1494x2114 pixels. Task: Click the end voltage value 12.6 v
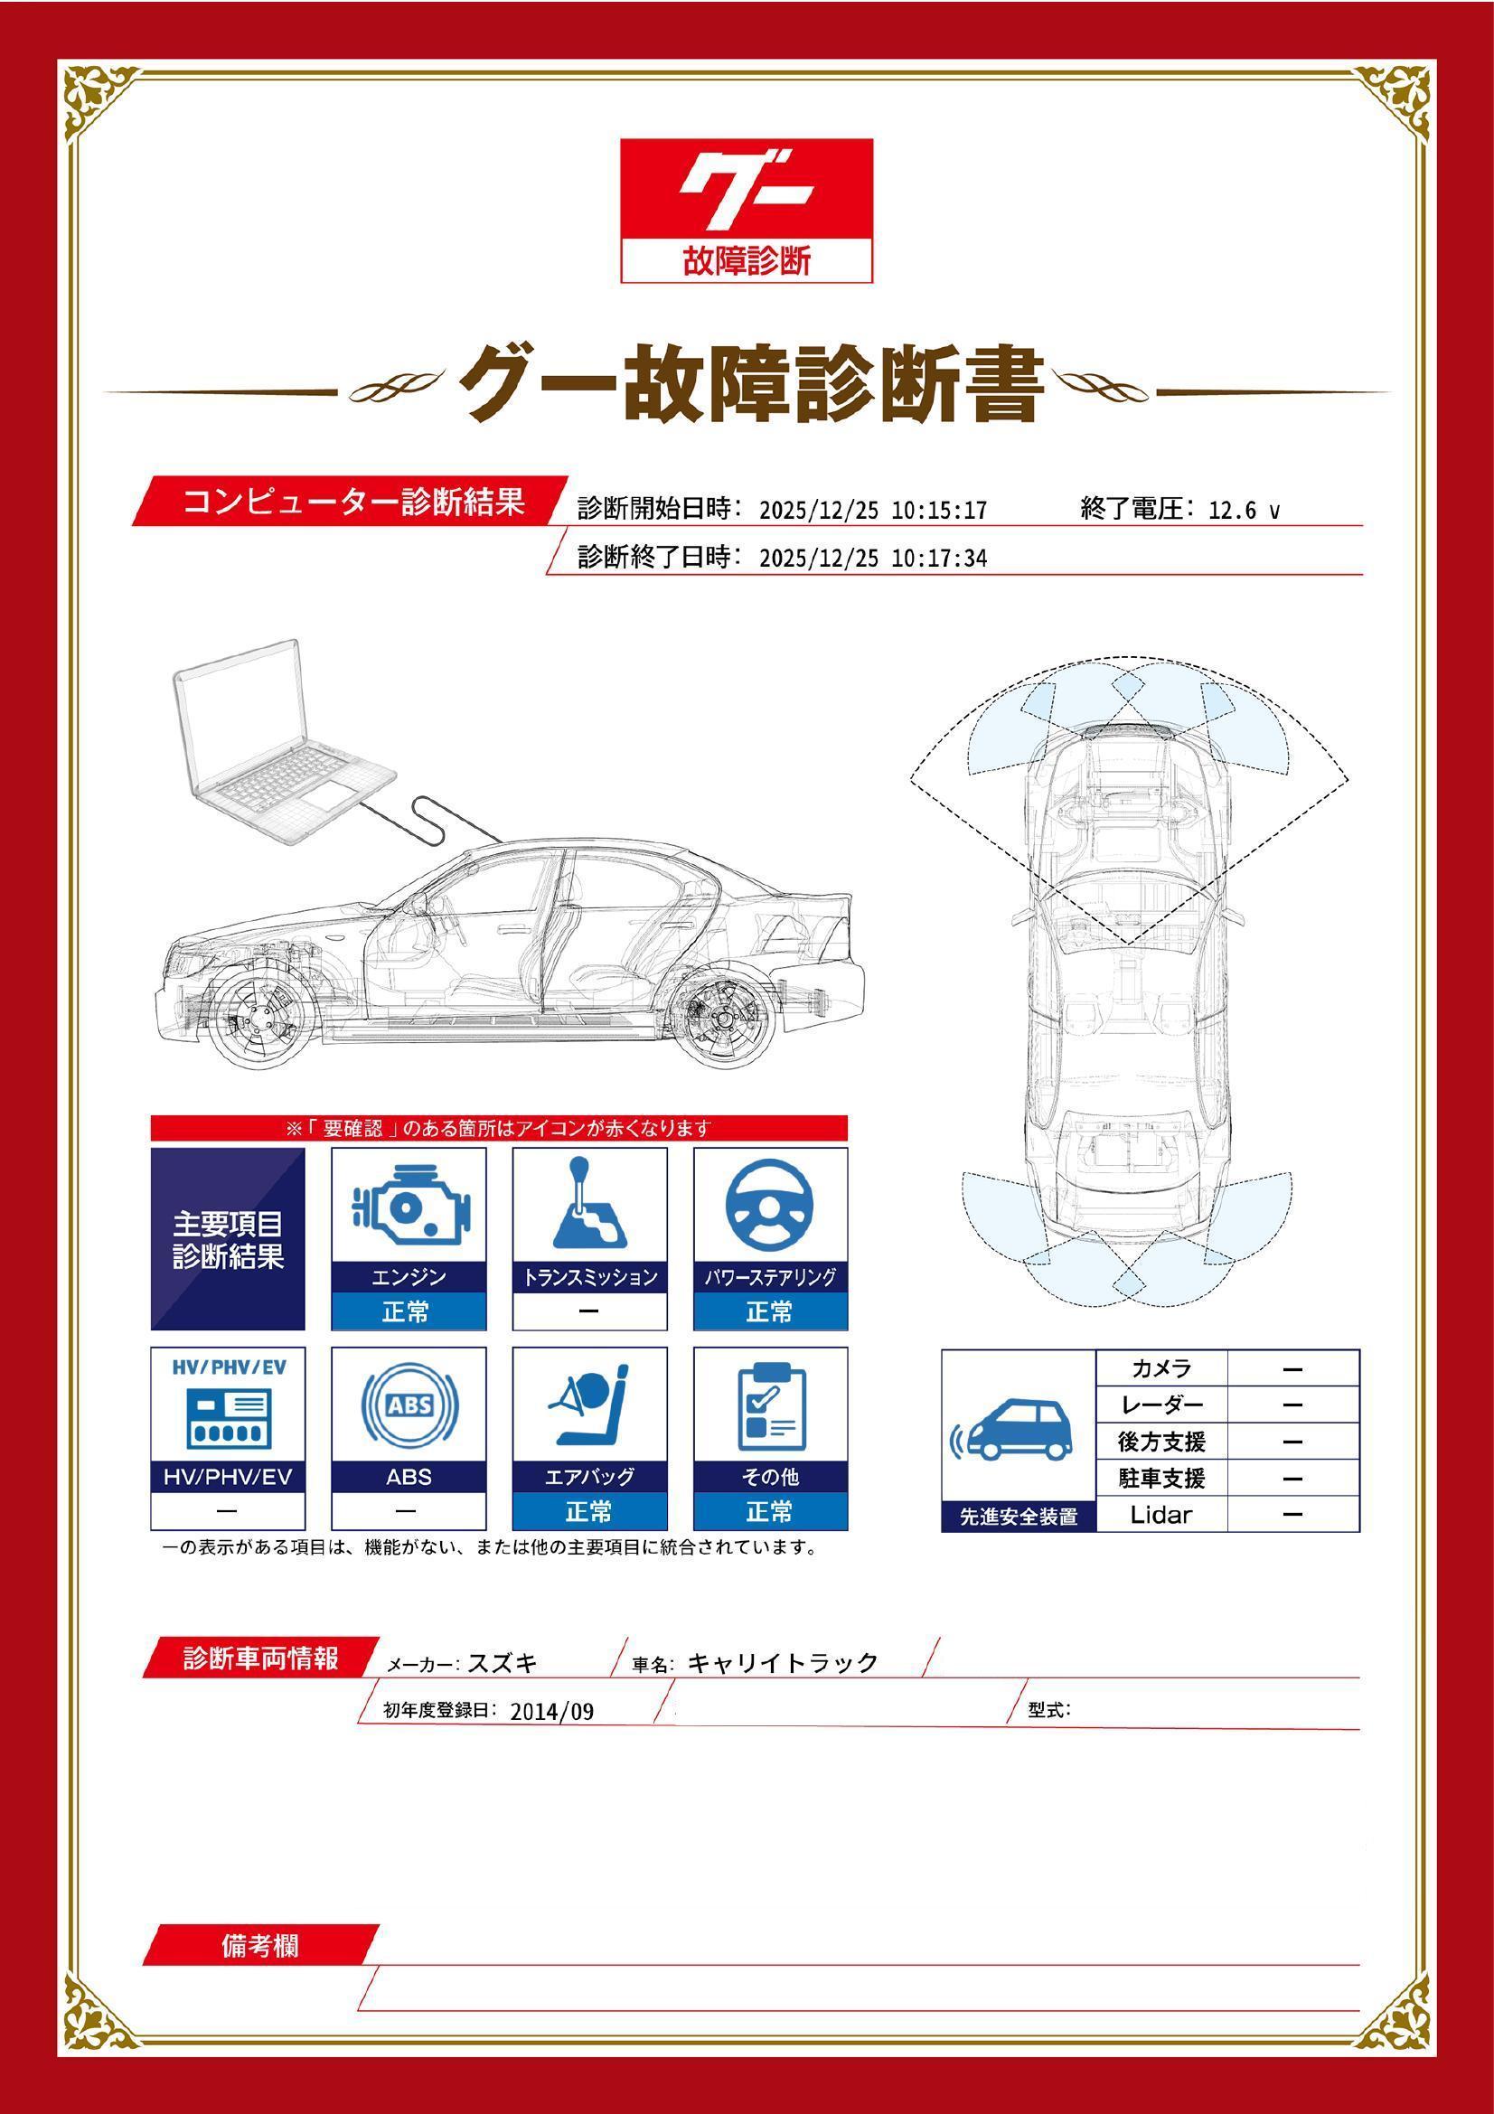coord(1244,510)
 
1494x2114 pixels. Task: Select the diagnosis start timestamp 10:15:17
coord(939,510)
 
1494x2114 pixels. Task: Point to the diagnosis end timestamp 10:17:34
coord(939,558)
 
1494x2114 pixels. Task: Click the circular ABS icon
coord(408,1406)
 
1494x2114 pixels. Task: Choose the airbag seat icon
coord(589,1406)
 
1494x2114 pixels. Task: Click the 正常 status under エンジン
coord(408,1311)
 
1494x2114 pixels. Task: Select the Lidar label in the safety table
coord(1160,1514)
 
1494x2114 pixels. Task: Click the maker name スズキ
coord(503,1663)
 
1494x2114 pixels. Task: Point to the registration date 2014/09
coord(551,1712)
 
